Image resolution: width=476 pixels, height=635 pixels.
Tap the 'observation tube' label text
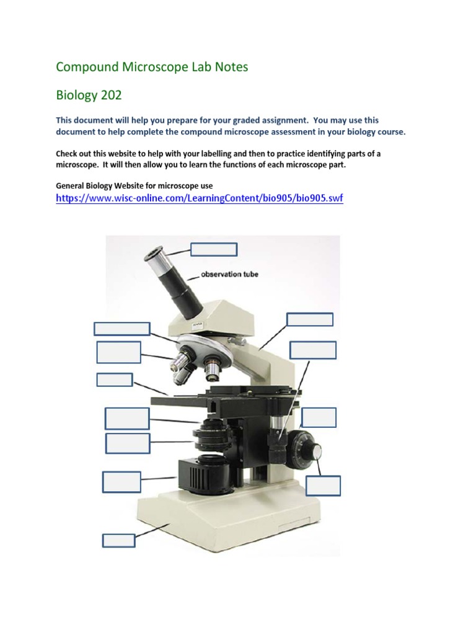point(229,274)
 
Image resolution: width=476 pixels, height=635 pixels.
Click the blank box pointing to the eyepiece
point(213,249)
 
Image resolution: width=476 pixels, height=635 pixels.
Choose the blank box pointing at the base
point(118,540)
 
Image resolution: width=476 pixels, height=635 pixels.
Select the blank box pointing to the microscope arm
point(310,319)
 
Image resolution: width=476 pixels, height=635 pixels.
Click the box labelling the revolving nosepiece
point(121,329)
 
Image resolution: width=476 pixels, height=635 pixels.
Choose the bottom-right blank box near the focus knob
point(323,486)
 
